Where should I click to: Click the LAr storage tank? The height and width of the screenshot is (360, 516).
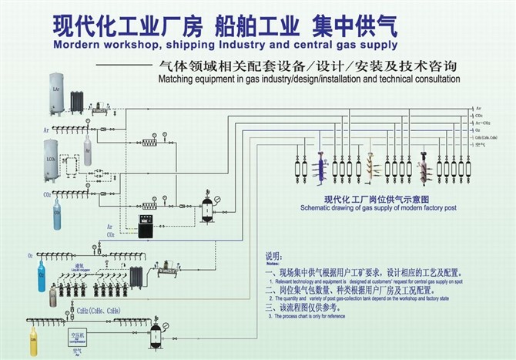(x=55, y=92)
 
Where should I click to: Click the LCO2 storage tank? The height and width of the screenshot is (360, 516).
(x=51, y=157)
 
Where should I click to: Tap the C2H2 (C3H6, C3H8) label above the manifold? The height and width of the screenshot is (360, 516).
(x=96, y=311)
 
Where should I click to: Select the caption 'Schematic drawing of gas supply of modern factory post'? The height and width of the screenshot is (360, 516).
(x=375, y=208)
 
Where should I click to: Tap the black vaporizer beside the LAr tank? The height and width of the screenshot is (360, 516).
(x=77, y=101)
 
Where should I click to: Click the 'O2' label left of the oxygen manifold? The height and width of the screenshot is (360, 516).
(x=31, y=254)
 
